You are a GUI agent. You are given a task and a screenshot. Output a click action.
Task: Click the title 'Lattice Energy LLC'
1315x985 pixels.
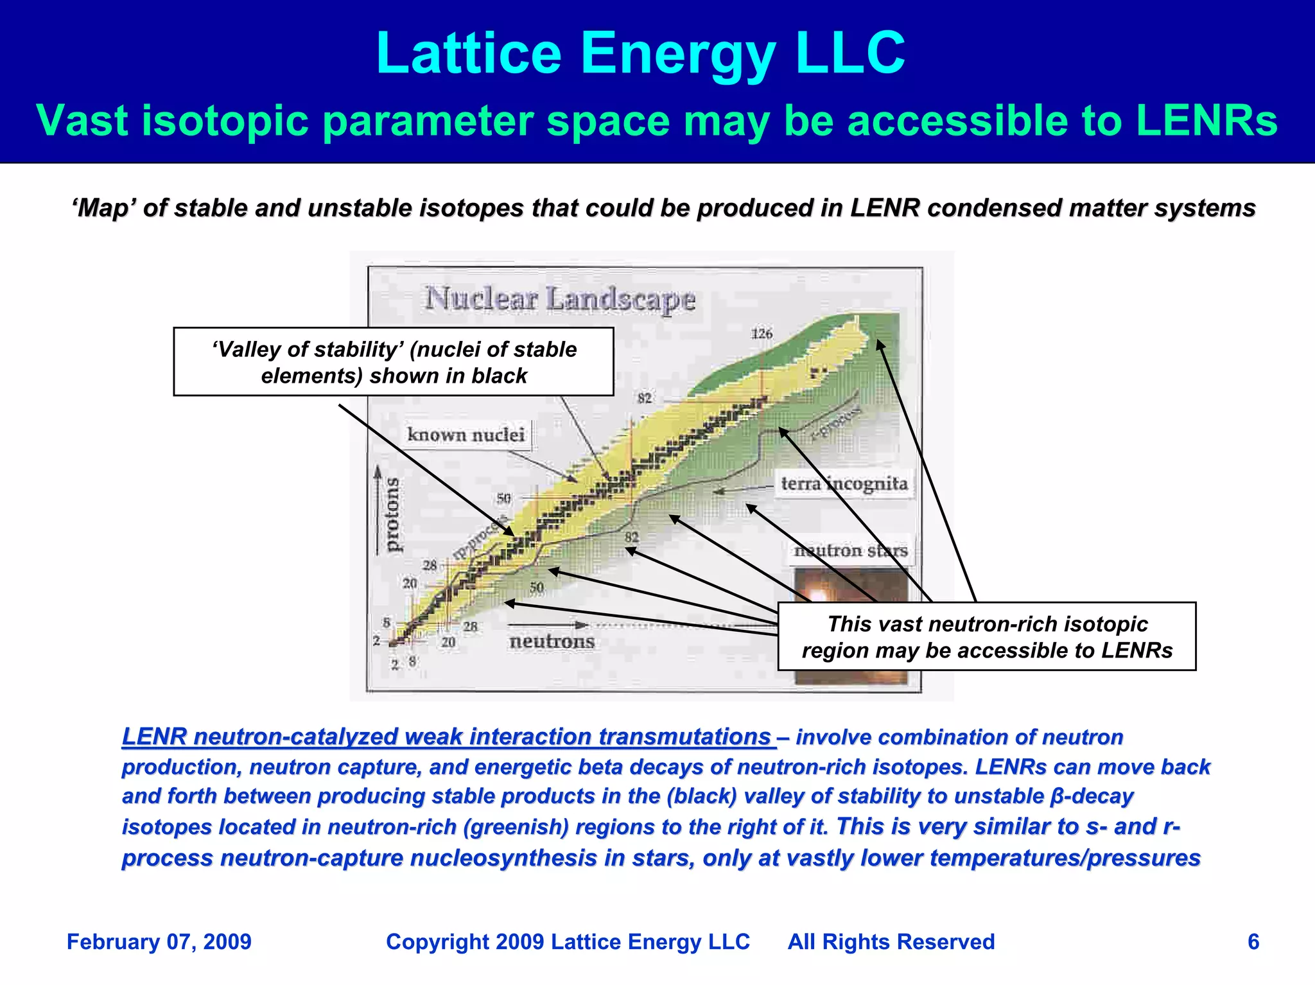tap(640, 54)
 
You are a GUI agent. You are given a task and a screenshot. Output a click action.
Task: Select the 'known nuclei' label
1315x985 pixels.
tap(466, 435)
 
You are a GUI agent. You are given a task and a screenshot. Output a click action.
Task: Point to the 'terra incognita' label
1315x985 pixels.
tap(844, 484)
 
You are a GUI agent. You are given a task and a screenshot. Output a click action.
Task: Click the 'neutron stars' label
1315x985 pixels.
tap(851, 551)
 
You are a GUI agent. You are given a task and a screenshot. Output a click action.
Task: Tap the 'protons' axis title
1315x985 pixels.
tap(391, 514)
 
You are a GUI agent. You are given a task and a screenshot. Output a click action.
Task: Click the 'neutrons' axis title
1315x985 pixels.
tap(552, 641)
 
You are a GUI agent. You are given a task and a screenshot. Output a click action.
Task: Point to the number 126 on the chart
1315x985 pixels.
tap(762, 334)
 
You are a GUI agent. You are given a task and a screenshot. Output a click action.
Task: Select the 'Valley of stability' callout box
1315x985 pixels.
tap(394, 362)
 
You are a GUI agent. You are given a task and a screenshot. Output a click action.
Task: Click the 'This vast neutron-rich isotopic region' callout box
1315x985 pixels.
tap(986, 637)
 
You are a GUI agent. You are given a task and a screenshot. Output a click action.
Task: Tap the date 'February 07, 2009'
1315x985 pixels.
tap(159, 942)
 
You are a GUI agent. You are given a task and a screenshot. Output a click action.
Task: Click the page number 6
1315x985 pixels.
tap(1253, 942)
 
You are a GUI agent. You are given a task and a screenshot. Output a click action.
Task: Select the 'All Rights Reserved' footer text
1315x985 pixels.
tap(891, 942)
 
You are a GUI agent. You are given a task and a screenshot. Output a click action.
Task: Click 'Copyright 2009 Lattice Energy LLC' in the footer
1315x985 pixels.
tap(568, 942)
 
